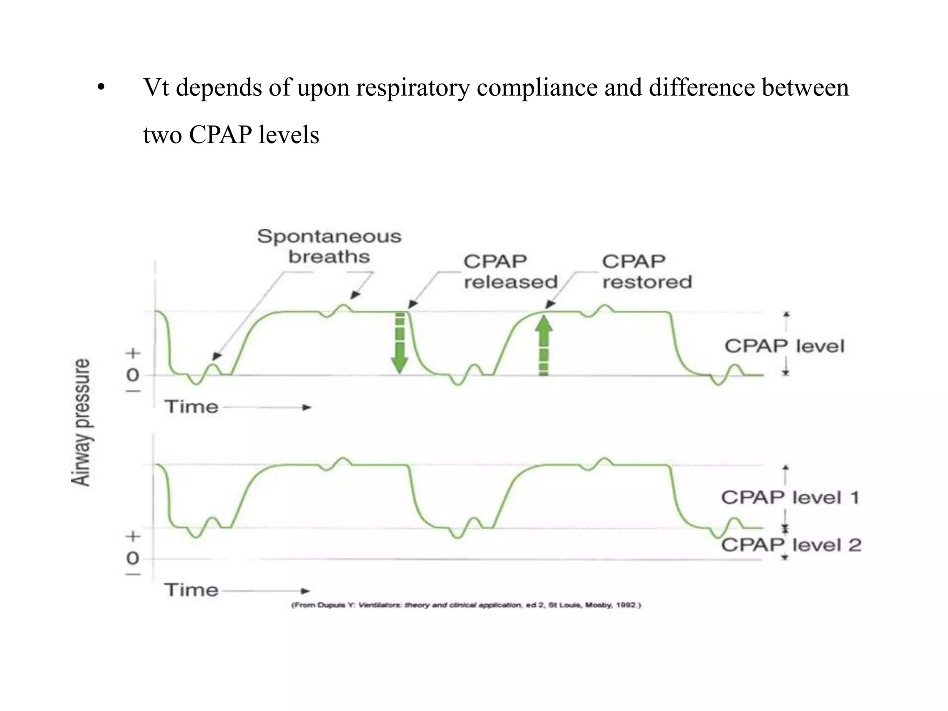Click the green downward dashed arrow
(399, 343)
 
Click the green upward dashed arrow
(544, 345)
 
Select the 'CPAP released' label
(510, 272)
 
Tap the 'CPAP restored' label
(647, 272)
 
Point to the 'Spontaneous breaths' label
(329, 246)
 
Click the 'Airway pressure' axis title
(81, 422)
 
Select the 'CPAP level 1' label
(790, 498)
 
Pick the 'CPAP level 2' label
(791, 545)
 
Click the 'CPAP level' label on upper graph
(784, 346)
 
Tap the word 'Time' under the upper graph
(191, 407)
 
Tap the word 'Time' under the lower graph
(191, 590)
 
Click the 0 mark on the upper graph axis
(133, 374)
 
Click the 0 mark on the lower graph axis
(133, 558)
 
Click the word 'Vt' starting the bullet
(156, 87)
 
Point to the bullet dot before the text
(101, 88)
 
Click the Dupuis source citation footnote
(466, 605)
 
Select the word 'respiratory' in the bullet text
(413, 87)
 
